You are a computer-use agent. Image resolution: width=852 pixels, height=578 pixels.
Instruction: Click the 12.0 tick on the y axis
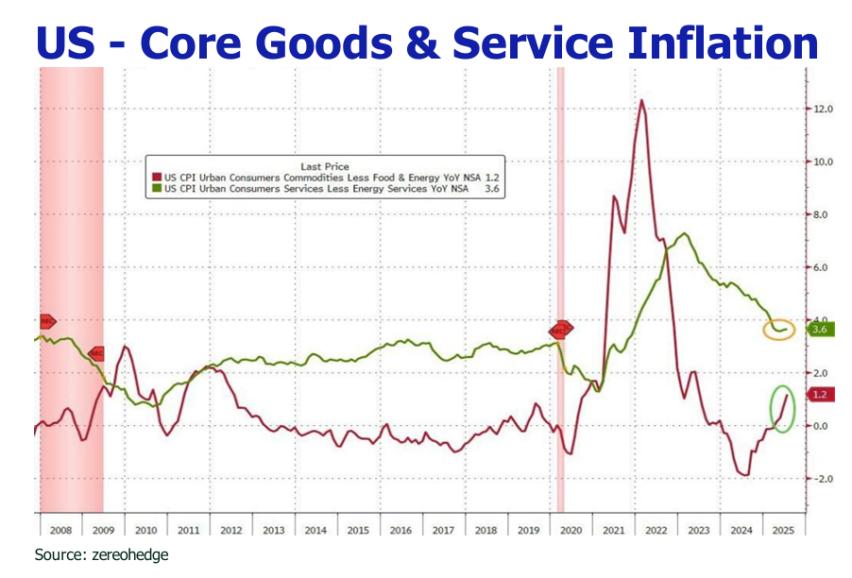coord(822,110)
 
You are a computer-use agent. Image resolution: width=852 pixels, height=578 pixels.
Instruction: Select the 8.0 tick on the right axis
coord(822,215)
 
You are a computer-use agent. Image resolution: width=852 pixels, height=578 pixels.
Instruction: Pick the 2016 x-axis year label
coord(400,531)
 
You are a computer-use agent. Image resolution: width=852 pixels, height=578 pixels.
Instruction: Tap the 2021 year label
coord(614,531)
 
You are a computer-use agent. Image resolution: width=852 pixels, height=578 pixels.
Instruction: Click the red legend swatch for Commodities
coord(157,176)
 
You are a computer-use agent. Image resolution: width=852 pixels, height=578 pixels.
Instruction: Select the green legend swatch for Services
coord(157,189)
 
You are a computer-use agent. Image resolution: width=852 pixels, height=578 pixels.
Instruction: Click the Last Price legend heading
coord(324,166)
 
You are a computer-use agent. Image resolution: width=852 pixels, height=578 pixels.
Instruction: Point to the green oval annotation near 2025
coord(782,407)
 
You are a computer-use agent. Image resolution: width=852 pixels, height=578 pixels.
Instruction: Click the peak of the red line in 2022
coord(642,100)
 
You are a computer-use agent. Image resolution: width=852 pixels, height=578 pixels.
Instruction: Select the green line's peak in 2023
coord(684,234)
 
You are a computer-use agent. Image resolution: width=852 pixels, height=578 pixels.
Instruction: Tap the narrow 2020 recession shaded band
coord(560,283)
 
